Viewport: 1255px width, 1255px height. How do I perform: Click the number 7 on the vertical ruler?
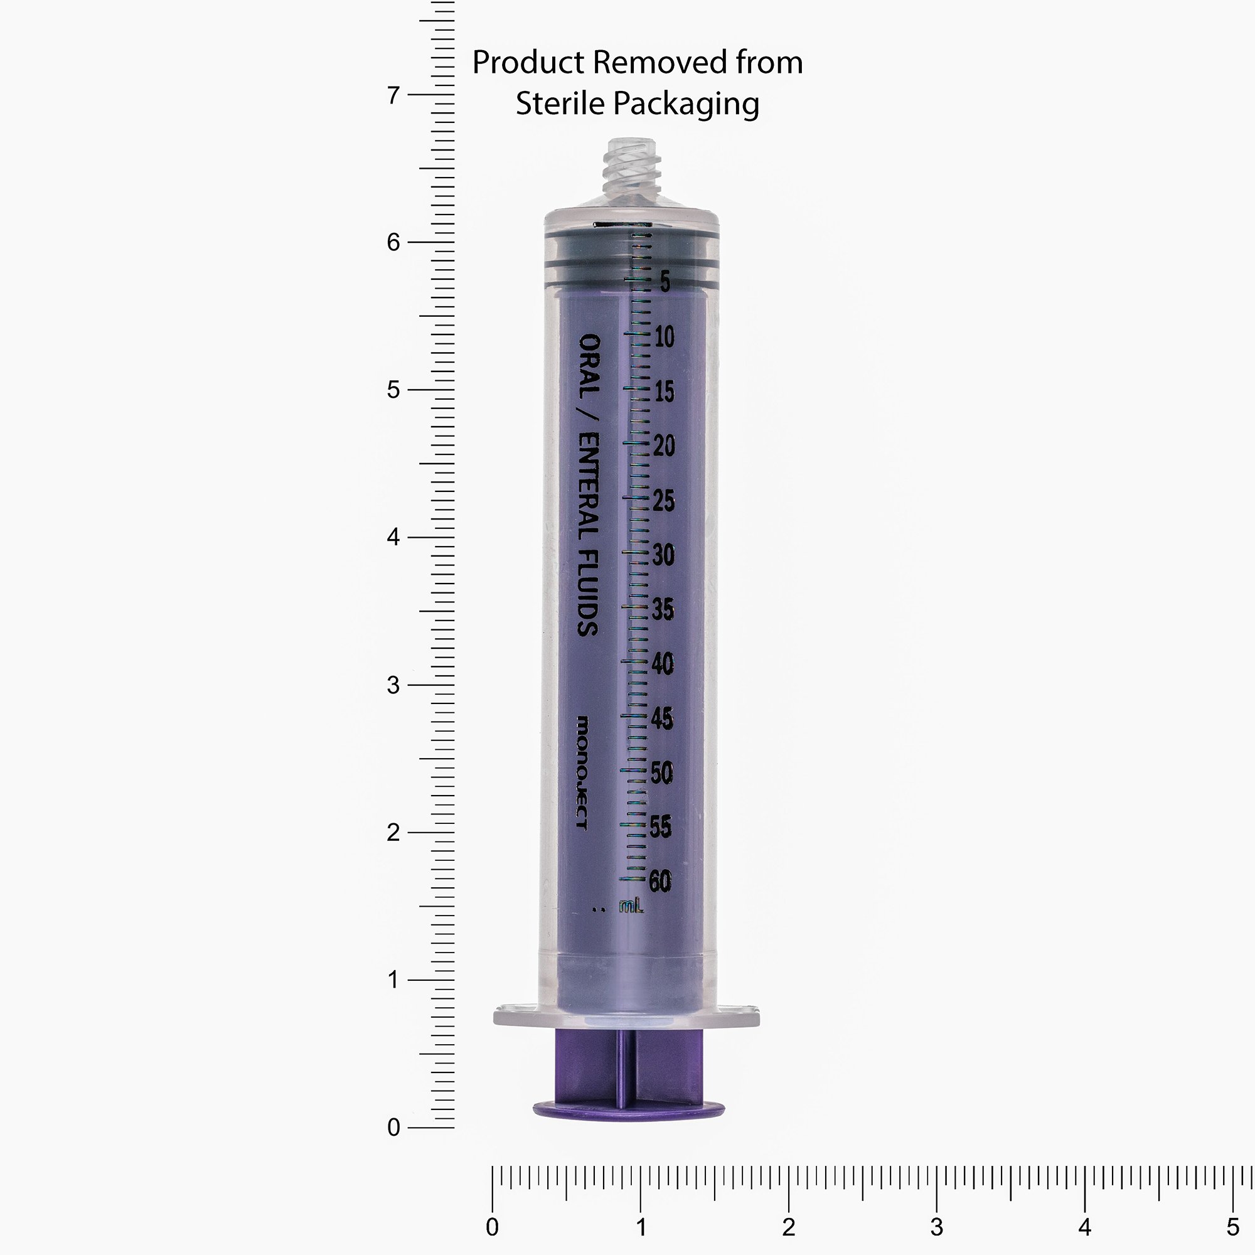pyautogui.click(x=393, y=95)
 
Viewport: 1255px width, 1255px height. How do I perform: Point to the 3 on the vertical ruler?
pyautogui.click(x=393, y=685)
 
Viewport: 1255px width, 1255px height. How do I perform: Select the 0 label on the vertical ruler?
pyautogui.click(x=393, y=1128)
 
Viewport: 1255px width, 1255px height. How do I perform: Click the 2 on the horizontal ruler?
pyautogui.click(x=789, y=1227)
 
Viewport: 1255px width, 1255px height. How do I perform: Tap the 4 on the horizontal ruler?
pyautogui.click(x=1085, y=1227)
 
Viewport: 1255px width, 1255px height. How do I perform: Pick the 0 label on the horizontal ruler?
pyautogui.click(x=493, y=1227)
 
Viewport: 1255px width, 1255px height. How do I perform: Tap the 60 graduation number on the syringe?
pyautogui.click(x=660, y=881)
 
